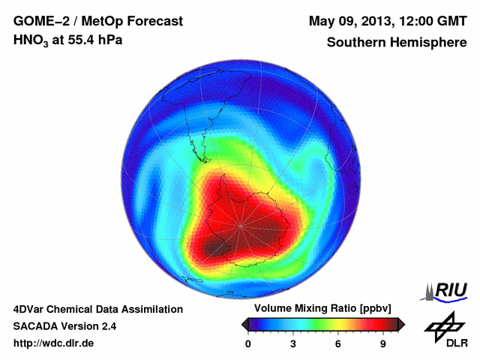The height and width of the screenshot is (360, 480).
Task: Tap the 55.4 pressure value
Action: [x=79, y=42]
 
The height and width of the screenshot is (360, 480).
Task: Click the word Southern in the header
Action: [x=353, y=43]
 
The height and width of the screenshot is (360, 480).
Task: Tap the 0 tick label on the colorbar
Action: [x=248, y=344]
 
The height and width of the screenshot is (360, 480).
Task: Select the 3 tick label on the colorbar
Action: [x=293, y=344]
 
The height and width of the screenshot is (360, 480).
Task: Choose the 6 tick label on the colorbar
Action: [x=338, y=344]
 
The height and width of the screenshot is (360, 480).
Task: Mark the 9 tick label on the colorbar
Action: [x=383, y=344]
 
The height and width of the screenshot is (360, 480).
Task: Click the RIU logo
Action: [x=448, y=290]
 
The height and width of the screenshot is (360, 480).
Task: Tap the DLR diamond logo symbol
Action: [x=442, y=324]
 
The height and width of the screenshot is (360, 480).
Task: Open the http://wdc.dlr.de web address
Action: [x=54, y=343]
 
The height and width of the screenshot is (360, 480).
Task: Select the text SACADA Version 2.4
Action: [x=64, y=326]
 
